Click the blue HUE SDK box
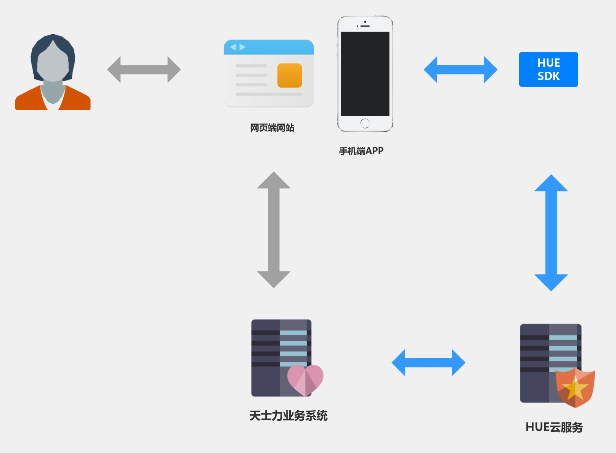[x=548, y=69]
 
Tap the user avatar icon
[x=53, y=73]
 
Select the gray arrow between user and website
[x=144, y=69]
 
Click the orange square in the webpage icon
[x=290, y=75]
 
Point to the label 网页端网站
[x=272, y=127]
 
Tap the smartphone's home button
[x=365, y=123]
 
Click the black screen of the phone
[x=365, y=74]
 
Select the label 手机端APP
[x=361, y=151]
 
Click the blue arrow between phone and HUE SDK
[x=460, y=69]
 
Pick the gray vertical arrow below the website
[x=274, y=229]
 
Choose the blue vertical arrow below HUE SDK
[x=551, y=233]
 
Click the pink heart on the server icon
[x=305, y=379]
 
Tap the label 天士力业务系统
[x=288, y=415]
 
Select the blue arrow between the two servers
[x=428, y=362]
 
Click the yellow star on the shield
[x=575, y=388]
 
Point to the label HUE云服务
[x=554, y=427]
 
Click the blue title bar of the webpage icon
[x=269, y=47]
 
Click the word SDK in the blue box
[x=548, y=76]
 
